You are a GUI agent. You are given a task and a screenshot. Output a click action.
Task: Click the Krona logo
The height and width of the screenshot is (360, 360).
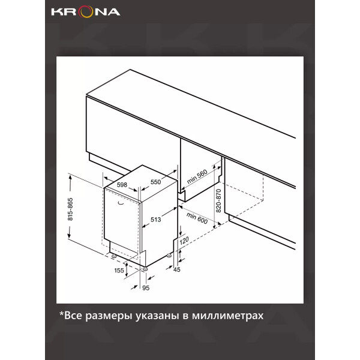(85, 12)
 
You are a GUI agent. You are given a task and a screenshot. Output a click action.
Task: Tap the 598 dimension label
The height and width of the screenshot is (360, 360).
(122, 185)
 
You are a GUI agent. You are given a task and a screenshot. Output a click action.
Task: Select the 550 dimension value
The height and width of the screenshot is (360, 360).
(155, 182)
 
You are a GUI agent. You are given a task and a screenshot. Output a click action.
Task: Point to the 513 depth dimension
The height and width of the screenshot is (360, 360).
(155, 220)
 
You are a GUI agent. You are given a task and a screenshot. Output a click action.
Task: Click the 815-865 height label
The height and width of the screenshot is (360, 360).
(70, 209)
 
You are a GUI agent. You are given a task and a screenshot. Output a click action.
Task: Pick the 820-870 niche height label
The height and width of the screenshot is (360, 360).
(218, 200)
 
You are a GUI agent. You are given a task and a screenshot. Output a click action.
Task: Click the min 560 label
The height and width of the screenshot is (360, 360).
(197, 176)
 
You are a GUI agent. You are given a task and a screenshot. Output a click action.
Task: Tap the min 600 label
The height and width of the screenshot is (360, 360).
(197, 218)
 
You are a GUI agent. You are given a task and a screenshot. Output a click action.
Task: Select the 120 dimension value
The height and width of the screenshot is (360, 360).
(184, 241)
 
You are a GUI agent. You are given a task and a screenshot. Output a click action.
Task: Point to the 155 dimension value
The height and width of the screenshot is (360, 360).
(119, 271)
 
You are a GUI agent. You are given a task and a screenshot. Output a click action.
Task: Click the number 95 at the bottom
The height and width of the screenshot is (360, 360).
(146, 288)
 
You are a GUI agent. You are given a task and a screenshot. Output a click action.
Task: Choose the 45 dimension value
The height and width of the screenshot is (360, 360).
(177, 269)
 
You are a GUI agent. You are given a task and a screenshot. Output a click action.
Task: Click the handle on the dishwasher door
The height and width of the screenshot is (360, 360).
(121, 203)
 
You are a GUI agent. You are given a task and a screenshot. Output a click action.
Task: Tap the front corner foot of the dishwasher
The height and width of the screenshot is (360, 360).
(145, 269)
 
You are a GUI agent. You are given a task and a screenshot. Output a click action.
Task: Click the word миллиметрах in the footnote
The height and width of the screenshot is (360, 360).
(228, 316)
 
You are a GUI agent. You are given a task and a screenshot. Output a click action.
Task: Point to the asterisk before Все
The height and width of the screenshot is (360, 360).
(61, 314)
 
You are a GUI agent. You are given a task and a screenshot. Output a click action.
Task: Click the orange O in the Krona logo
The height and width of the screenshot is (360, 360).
(85, 13)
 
